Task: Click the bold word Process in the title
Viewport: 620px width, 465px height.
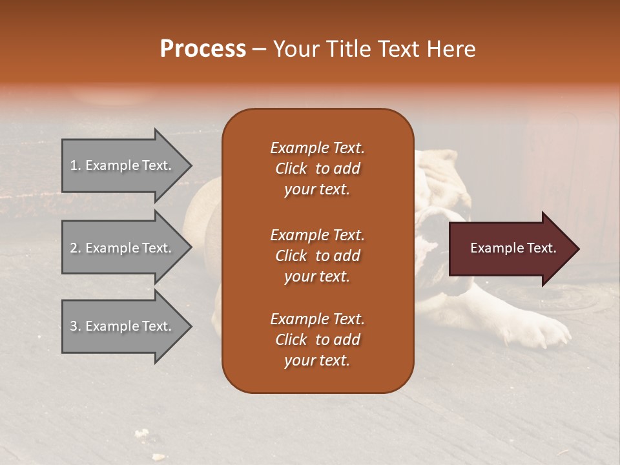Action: pyautogui.click(x=203, y=49)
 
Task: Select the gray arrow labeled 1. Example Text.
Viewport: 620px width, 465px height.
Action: pyautogui.click(x=123, y=165)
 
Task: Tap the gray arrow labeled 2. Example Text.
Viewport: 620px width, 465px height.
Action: pyautogui.click(x=123, y=248)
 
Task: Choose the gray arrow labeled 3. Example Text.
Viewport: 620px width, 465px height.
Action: pyautogui.click(x=123, y=326)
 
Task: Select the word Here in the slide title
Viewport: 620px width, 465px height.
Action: pyautogui.click(x=452, y=49)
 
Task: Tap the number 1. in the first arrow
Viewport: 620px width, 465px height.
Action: pyautogui.click(x=76, y=165)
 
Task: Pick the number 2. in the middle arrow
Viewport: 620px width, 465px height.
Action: pyautogui.click(x=76, y=248)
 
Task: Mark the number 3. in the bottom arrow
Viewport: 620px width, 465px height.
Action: pyautogui.click(x=76, y=326)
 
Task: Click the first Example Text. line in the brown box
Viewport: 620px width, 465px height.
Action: pyautogui.click(x=317, y=148)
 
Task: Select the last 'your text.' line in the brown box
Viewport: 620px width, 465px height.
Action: pyautogui.click(x=317, y=360)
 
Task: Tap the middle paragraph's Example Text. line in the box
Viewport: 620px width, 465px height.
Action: pyautogui.click(x=317, y=234)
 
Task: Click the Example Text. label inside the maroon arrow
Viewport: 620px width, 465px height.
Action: pyautogui.click(x=513, y=248)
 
